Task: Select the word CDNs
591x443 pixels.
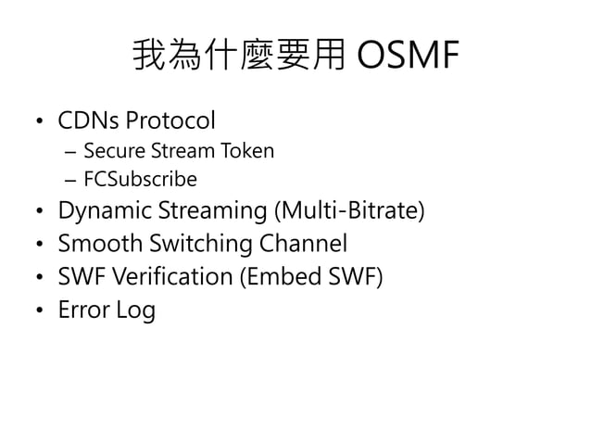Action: [89, 120]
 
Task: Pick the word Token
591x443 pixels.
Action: [247, 150]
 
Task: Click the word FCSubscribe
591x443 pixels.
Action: [140, 179]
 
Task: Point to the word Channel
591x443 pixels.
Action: [303, 245]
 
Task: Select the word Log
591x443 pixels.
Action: [135, 310]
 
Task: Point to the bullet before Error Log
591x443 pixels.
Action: [38, 311]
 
